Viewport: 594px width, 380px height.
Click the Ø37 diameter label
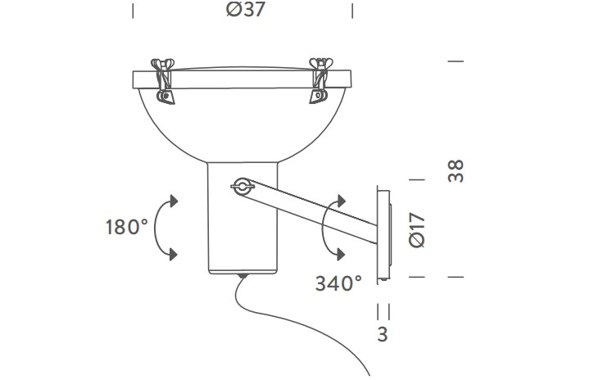(x=243, y=11)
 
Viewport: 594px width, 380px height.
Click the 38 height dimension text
(x=456, y=170)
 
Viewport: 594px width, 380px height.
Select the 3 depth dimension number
(x=383, y=334)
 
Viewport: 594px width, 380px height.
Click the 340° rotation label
(x=338, y=283)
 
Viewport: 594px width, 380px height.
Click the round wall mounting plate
(x=383, y=233)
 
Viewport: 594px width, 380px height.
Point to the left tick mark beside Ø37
(x=133, y=11)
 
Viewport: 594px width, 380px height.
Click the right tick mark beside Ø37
(x=352, y=11)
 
